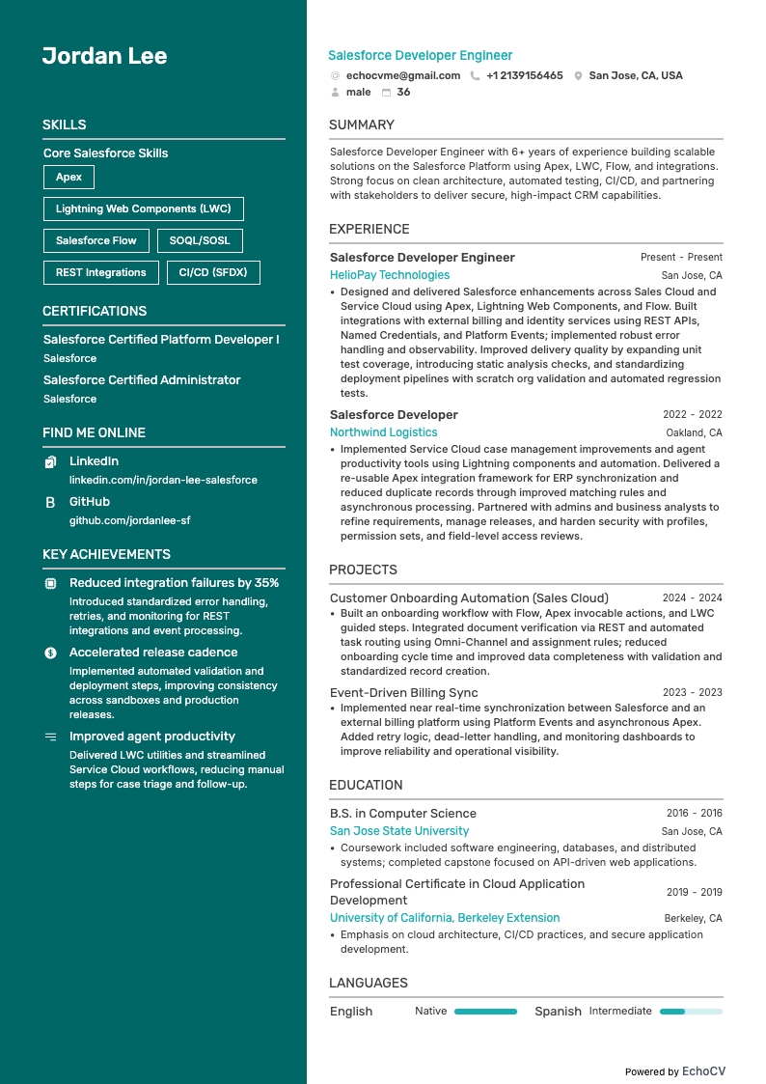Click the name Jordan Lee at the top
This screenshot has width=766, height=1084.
[x=104, y=56]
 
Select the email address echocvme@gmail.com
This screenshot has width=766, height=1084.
[x=403, y=75]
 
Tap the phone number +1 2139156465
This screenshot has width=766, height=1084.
[x=524, y=75]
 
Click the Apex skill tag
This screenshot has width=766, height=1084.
[x=68, y=177]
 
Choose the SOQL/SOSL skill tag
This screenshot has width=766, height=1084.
[x=200, y=240]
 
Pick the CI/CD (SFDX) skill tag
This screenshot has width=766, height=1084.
[x=213, y=272]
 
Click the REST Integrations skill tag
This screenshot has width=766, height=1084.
[x=100, y=272]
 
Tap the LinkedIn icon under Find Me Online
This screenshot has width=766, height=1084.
[x=51, y=462]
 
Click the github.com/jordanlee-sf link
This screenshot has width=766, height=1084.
[x=129, y=520]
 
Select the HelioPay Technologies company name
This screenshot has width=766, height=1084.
[x=390, y=275]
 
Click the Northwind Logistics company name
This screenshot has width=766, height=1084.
[x=383, y=432]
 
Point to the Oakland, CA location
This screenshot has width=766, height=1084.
[x=694, y=433]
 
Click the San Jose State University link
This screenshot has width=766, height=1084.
[x=399, y=831]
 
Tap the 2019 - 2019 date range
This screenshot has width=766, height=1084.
[x=694, y=893]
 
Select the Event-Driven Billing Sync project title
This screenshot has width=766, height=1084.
[x=403, y=693]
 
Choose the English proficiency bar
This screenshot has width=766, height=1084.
[x=485, y=1012]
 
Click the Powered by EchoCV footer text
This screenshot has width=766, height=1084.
[x=674, y=1071]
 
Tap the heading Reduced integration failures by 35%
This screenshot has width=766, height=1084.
[x=174, y=583]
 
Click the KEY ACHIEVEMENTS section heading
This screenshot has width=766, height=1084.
[x=106, y=555]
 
